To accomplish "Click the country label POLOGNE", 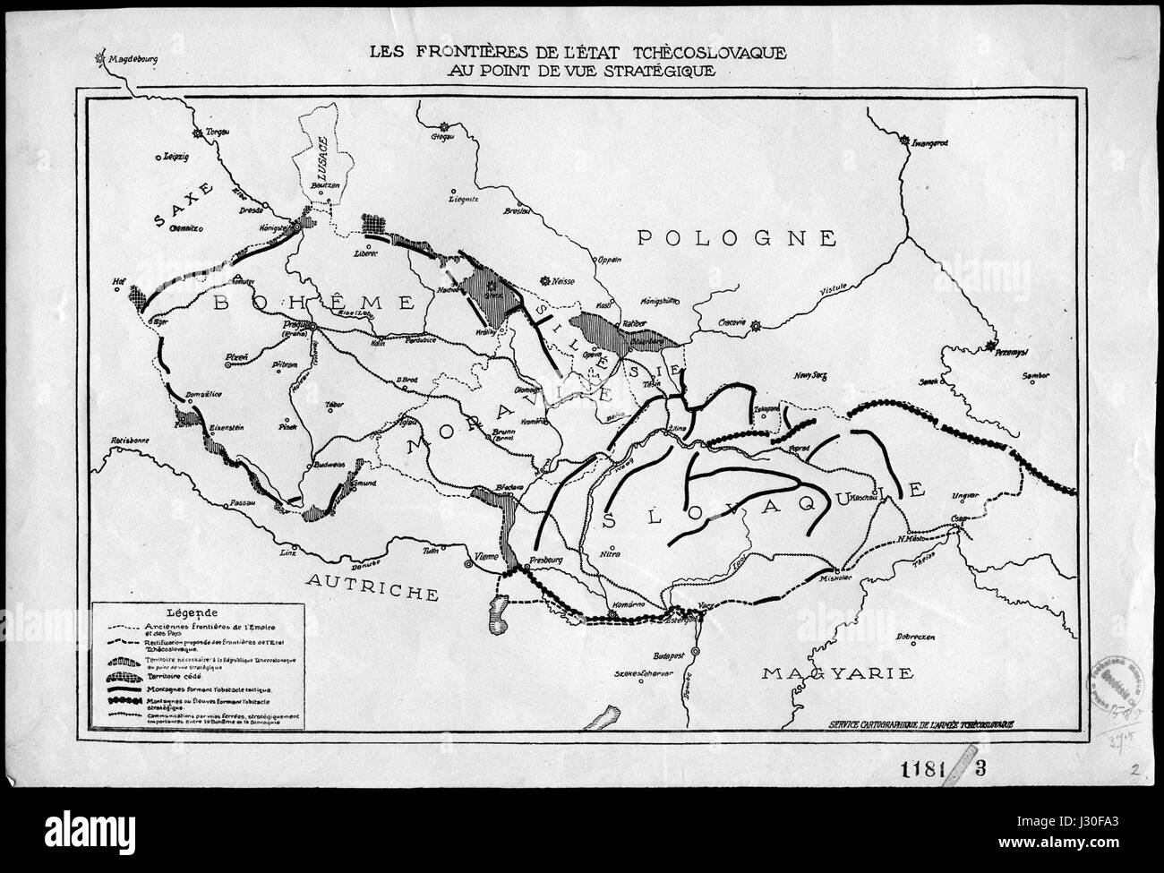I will click(736, 237).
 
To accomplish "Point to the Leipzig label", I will click(172, 156).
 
